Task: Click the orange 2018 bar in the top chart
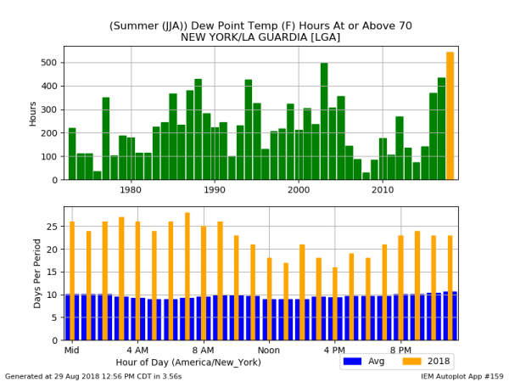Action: click(450, 115)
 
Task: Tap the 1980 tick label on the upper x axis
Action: click(131, 190)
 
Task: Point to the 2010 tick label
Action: click(383, 190)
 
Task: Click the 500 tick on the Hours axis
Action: click(50, 63)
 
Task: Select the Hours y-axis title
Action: click(32, 113)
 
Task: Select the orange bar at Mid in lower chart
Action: click(72, 280)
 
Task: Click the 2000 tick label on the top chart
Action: click(299, 190)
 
